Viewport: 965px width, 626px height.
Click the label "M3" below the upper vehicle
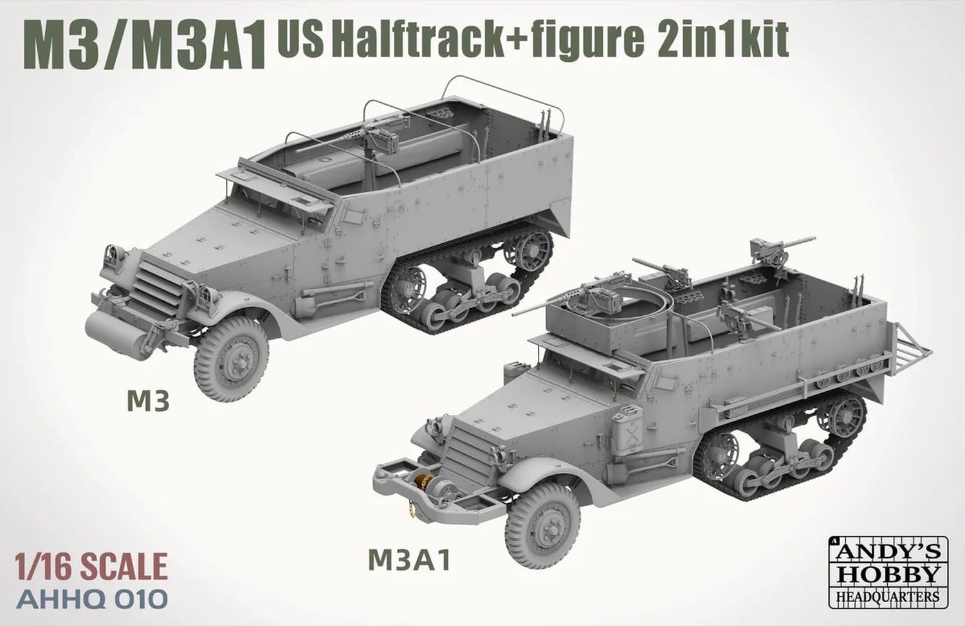pos(149,401)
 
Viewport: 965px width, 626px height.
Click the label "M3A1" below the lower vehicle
pos(409,560)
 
